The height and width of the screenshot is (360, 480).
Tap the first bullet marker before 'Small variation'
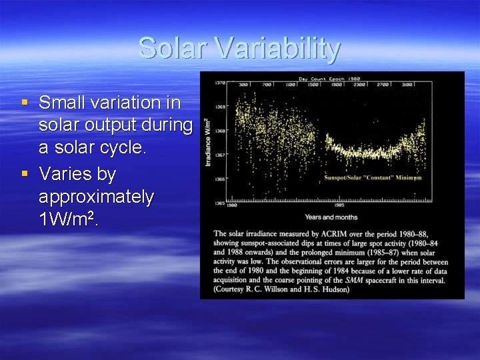[x=25, y=102]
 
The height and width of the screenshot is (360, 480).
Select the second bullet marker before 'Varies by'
[x=25, y=174]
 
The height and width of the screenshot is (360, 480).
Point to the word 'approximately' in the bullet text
[x=97, y=197]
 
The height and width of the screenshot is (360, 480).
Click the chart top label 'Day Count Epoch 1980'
[x=330, y=78]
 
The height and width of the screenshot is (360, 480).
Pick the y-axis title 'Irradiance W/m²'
[x=208, y=141]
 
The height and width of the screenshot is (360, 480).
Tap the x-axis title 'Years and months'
[x=331, y=217]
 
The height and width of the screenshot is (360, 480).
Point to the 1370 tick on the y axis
[x=219, y=83]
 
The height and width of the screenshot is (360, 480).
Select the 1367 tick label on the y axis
[x=219, y=155]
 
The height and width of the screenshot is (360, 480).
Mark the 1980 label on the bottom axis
[x=232, y=205]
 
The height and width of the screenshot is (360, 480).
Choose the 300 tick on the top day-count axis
[x=243, y=85]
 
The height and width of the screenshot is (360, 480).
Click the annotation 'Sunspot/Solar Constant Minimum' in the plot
[x=373, y=178]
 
